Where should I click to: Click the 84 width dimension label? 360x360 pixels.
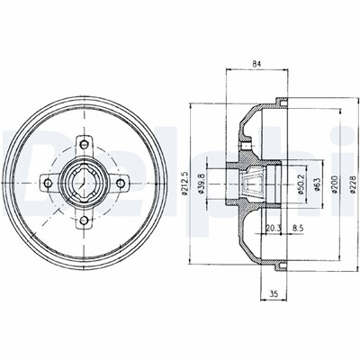pos(256,64)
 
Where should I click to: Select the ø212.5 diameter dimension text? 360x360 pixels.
pos(184,184)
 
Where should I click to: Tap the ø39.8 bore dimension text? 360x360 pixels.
pos(202,184)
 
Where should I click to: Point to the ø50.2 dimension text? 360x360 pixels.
pos(301,184)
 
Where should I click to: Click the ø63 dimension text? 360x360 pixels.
pos(318,184)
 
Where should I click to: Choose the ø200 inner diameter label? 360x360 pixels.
pos(335,184)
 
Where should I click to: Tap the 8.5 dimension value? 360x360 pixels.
pos(298,228)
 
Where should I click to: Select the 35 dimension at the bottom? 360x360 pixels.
pos(274,294)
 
